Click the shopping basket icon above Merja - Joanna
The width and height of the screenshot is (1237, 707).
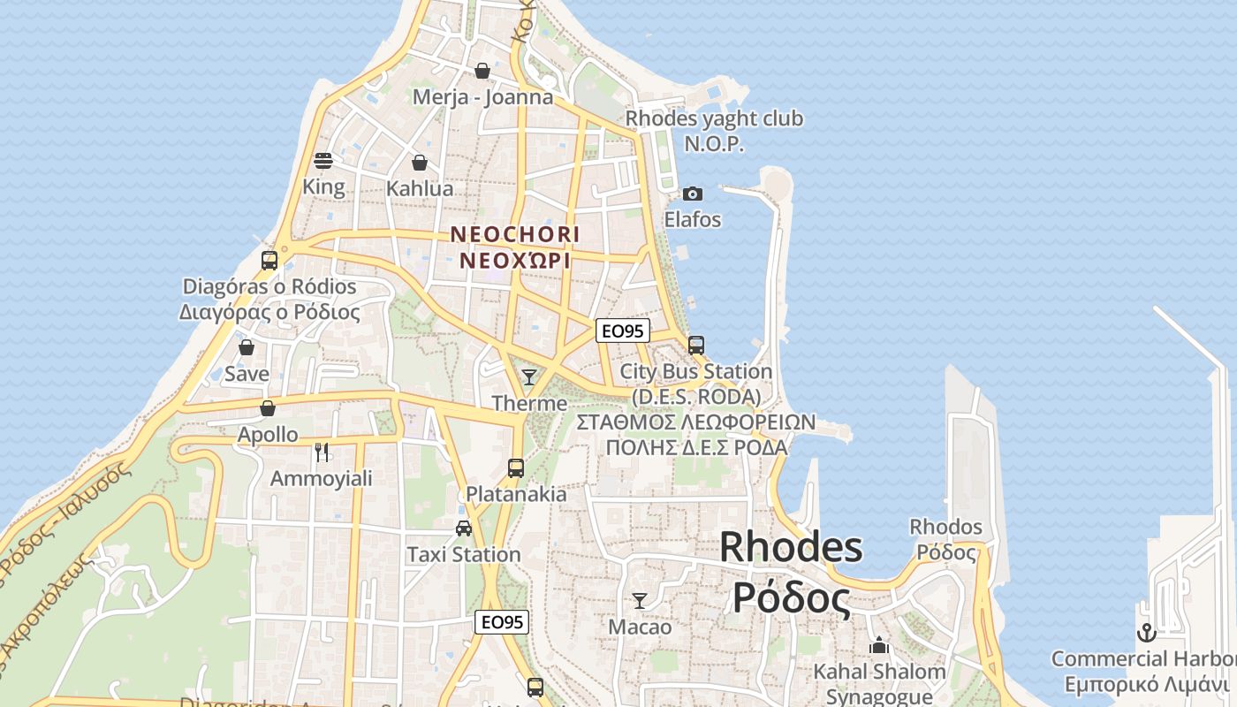tap(482, 71)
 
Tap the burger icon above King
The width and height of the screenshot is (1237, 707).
tap(323, 161)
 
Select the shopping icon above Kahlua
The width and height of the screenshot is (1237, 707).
tap(420, 163)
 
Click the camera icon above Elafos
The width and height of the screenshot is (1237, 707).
tap(693, 194)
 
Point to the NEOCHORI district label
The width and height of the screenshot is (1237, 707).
tap(515, 235)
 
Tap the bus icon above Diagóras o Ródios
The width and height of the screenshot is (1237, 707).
tap(269, 261)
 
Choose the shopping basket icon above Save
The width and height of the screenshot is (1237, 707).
tap(247, 347)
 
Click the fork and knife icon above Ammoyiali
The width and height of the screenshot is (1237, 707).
tap(322, 452)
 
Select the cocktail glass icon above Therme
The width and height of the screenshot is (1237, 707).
tap(529, 377)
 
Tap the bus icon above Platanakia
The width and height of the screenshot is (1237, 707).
tap(516, 468)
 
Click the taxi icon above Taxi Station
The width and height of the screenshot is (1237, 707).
tap(464, 528)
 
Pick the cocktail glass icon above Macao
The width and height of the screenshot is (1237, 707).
tap(640, 601)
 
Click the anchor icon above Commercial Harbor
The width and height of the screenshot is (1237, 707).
tap(1146, 633)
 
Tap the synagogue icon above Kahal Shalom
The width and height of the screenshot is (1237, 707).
tap(879, 646)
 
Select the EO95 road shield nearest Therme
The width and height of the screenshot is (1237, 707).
tap(623, 331)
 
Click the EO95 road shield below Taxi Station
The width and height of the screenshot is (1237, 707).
tap(502, 622)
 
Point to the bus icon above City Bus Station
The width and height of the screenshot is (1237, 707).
tap(696, 346)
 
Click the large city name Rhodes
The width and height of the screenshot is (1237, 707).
tap(791, 547)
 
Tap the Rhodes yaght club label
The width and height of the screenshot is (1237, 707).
tap(714, 118)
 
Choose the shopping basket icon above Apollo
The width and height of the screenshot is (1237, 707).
tap(268, 408)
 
